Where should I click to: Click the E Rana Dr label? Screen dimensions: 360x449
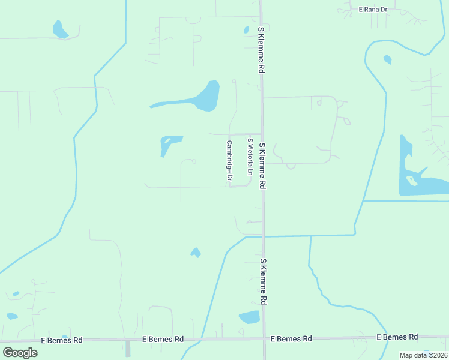click(373, 9)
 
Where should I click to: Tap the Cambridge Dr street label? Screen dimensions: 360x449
click(229, 161)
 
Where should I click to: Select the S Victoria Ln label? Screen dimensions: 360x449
click(250, 157)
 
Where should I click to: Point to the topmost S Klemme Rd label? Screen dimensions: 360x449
click(261, 50)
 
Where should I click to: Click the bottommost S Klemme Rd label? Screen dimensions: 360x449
click(263, 281)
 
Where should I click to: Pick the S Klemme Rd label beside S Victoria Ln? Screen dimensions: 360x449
click(262, 166)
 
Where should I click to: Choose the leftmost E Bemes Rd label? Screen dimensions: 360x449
click(62, 340)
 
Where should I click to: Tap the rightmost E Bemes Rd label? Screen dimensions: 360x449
click(397, 337)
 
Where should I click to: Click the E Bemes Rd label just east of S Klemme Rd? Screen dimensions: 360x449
click(291, 338)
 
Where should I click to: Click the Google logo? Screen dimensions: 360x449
click(20, 353)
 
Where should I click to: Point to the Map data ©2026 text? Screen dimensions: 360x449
click(423, 355)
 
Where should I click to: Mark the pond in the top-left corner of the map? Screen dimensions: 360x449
click(60, 29)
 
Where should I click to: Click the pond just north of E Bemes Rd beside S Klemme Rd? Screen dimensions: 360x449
click(249, 317)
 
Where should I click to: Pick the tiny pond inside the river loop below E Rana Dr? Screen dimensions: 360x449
click(387, 59)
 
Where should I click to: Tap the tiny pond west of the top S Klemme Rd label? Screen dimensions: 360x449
click(246, 29)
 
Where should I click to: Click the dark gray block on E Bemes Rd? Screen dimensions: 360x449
click(128, 348)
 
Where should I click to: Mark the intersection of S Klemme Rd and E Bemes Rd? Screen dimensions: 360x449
click(264, 339)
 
